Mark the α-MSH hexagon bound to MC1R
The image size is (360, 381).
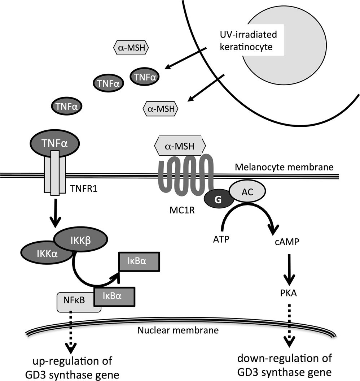tap(180, 146)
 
